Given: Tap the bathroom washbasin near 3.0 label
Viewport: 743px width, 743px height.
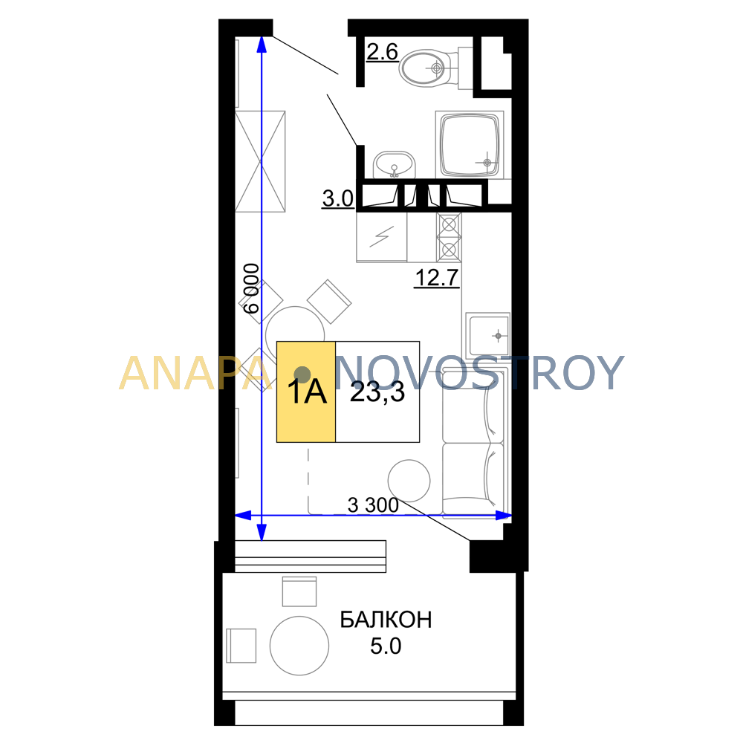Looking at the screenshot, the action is (x=394, y=165).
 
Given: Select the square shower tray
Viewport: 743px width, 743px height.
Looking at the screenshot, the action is (x=470, y=145).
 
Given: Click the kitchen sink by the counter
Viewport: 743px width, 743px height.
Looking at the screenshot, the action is (x=487, y=336).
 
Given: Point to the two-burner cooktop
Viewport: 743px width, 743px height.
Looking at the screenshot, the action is (x=449, y=237).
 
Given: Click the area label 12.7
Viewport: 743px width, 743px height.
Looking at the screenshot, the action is (x=436, y=278).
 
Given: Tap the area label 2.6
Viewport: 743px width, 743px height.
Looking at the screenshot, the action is (x=382, y=52).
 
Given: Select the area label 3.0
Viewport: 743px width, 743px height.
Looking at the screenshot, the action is (x=338, y=198).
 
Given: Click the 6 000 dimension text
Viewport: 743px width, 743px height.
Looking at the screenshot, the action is (x=251, y=288).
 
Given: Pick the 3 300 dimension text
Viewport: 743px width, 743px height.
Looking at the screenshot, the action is (x=373, y=505).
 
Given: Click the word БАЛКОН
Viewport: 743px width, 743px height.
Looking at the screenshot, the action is (x=386, y=620).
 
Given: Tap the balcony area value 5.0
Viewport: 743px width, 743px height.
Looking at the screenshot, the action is (x=385, y=646).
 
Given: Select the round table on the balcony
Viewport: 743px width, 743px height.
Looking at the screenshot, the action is (x=299, y=646).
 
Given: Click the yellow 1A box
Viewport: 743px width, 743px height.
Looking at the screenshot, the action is (x=306, y=392).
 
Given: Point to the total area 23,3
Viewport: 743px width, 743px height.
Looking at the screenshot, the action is (x=377, y=392).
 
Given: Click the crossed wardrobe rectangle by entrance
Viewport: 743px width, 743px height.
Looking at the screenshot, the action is (x=260, y=161).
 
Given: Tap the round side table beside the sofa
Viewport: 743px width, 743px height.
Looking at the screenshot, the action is (x=409, y=481).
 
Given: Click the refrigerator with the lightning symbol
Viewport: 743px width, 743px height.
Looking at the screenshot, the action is (x=381, y=237).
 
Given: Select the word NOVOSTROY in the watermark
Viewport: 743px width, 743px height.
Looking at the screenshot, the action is (x=479, y=373).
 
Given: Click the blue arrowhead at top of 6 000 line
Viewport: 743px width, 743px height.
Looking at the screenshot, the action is (x=262, y=44).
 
